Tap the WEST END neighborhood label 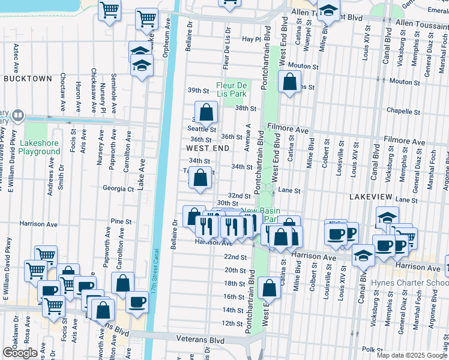click(x=208, y=148)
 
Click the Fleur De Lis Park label click(x=232, y=90)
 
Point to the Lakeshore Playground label click(x=40, y=148)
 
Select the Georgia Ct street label click(x=118, y=188)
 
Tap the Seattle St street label click(x=203, y=129)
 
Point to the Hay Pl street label click(x=249, y=39)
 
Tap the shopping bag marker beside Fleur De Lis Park click(x=206, y=112)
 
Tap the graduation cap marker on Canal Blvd click(x=363, y=256)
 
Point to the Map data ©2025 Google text click(x=411, y=355)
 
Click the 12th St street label click(x=232, y=323)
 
